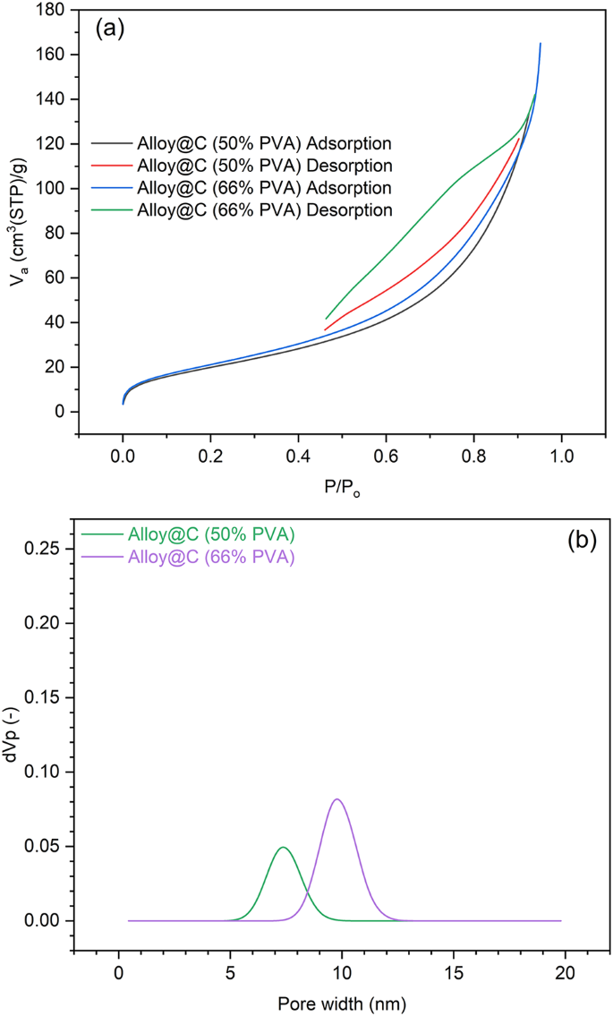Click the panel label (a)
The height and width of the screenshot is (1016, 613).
[110, 29]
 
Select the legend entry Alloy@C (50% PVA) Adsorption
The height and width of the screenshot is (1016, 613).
[264, 143]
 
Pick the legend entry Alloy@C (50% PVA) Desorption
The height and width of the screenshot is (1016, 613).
[264, 166]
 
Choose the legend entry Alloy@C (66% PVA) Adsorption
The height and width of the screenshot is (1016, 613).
[264, 188]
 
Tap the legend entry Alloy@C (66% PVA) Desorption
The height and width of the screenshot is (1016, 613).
[264, 210]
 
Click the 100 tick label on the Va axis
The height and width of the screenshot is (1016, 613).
[54, 189]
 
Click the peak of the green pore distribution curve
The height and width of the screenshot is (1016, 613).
[283, 847]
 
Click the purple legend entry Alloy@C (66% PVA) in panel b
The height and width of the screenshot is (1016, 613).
[210, 557]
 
